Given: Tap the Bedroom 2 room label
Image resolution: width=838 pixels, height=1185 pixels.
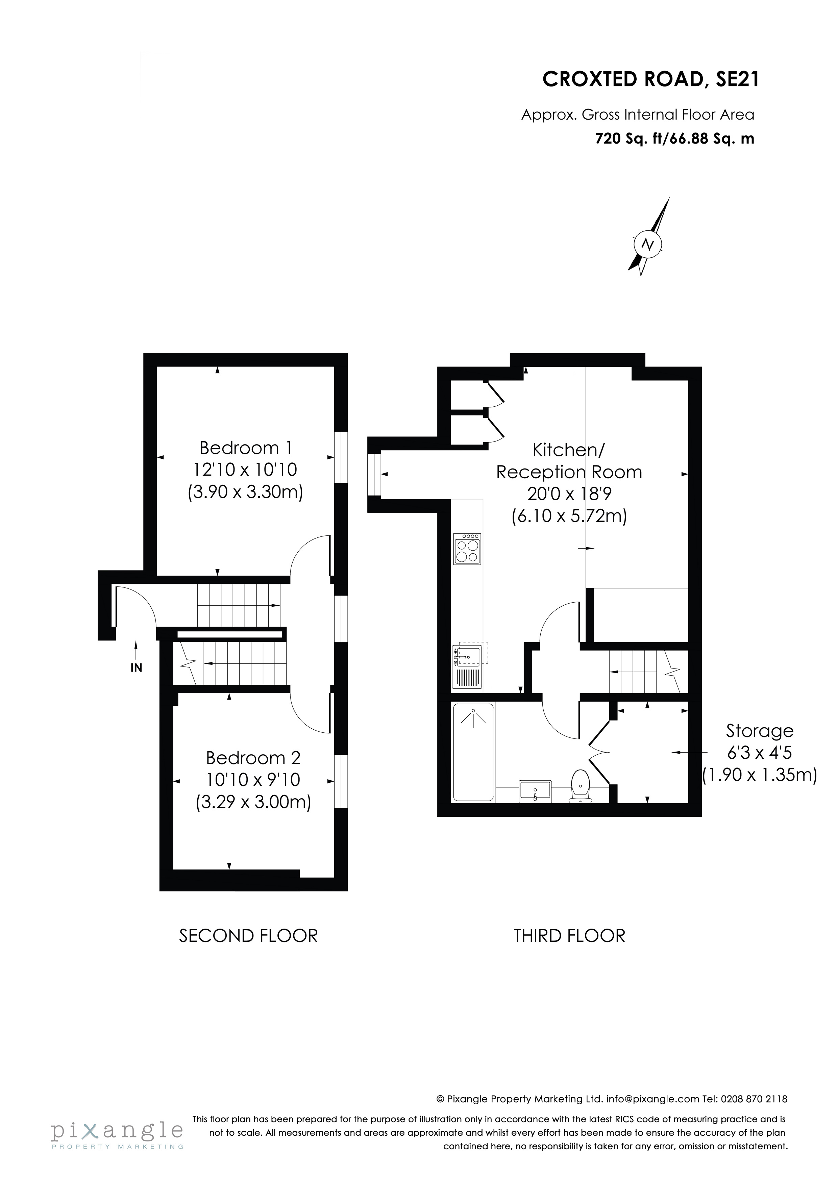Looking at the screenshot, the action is pos(253,758).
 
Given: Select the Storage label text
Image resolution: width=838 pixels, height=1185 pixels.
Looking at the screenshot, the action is pos(760,731).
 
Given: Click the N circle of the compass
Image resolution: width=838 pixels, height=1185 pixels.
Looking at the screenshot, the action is pos(647,244).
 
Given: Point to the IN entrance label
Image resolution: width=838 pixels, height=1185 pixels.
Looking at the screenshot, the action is pos(136,668).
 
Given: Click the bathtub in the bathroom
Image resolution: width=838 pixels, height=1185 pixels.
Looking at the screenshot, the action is pos(473,752).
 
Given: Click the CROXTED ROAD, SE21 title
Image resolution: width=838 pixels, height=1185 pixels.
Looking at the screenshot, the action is pos(650,79).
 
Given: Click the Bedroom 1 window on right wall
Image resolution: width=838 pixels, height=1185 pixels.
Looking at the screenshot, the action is pos(341,457).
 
